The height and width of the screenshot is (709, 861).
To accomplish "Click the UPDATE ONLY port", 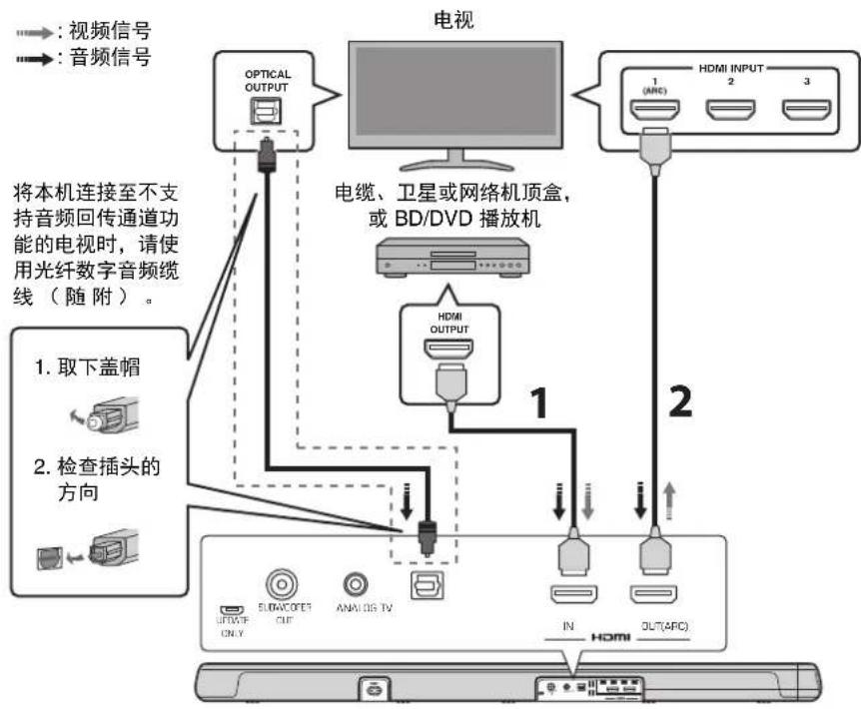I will point(230,609).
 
